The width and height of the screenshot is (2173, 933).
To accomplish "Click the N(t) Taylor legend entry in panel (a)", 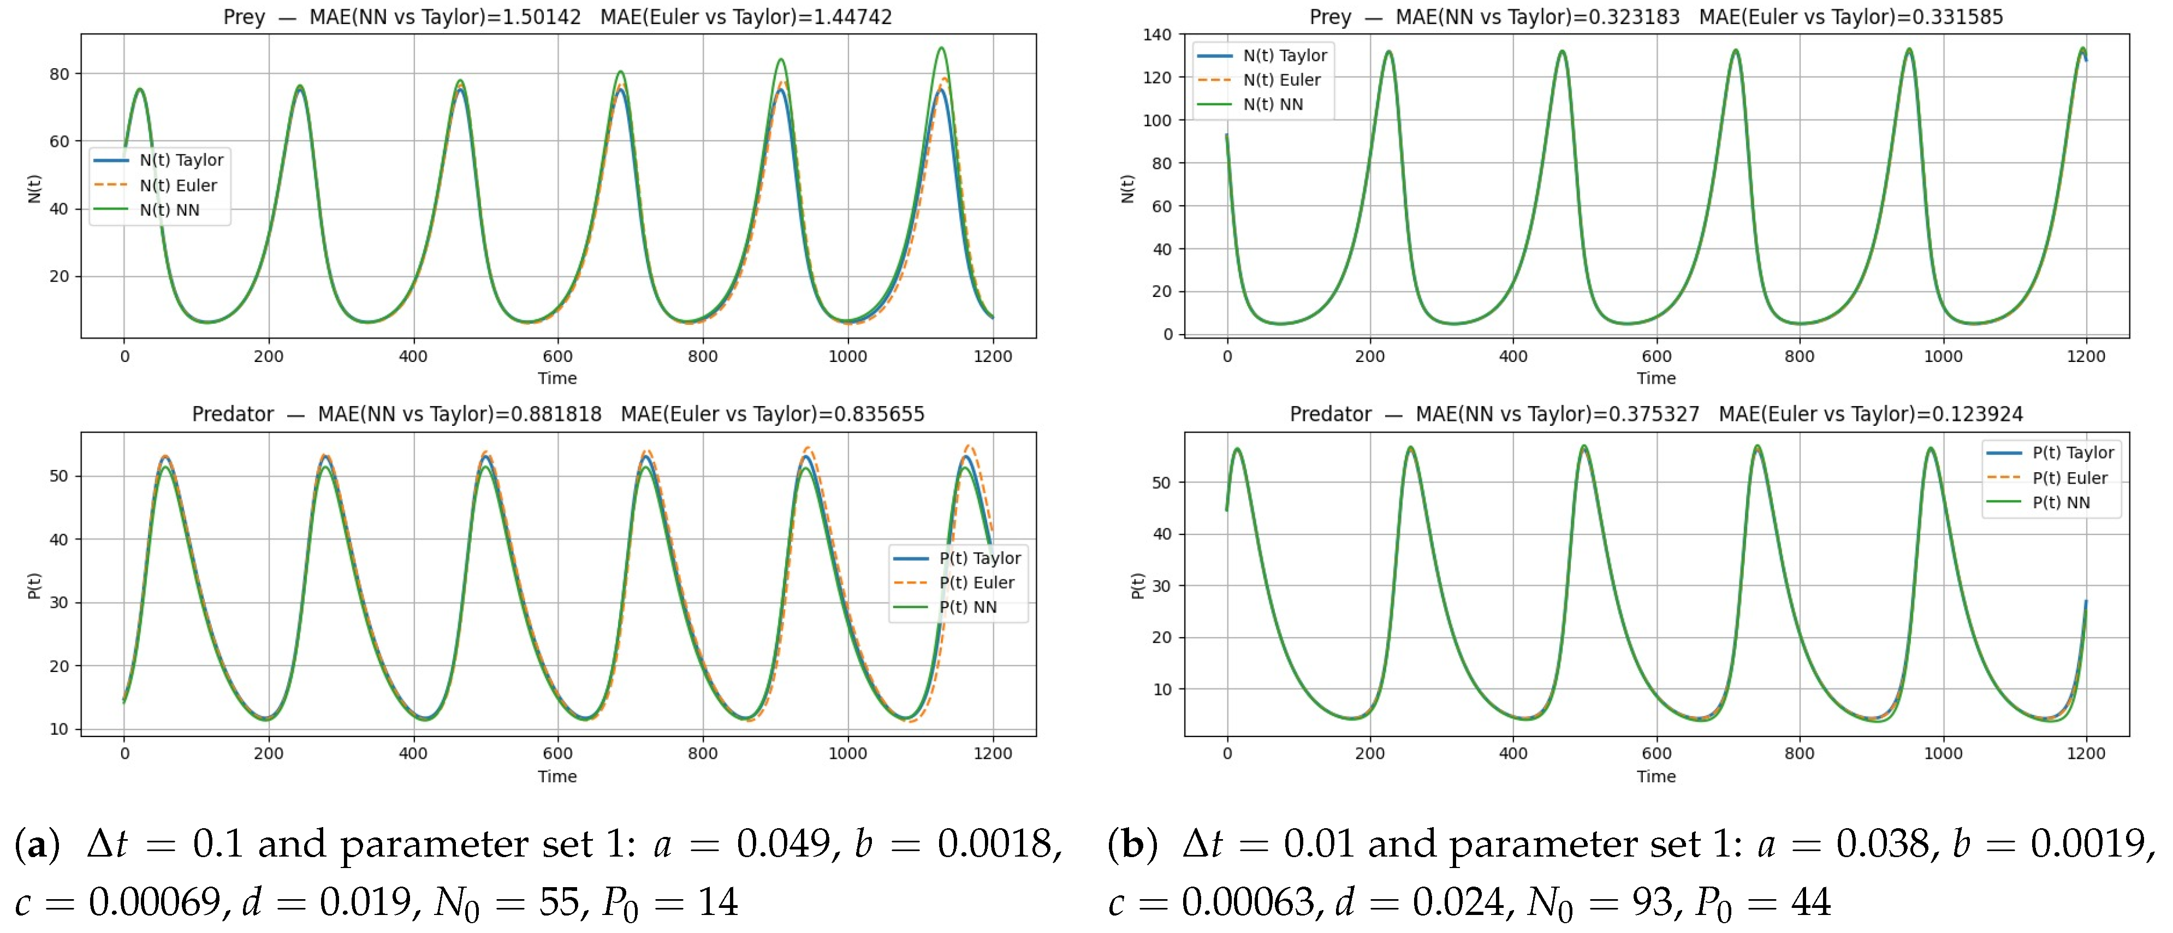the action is (158, 161).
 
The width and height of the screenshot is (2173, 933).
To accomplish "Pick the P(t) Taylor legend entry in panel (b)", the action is (2050, 453).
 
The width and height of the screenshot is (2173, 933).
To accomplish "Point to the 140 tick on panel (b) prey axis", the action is (1156, 34).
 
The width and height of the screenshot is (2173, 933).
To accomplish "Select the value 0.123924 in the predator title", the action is (1983, 414).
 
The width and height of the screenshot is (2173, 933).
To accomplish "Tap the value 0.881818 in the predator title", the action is (562, 414).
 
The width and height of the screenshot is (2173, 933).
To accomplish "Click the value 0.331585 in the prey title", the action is (1963, 17).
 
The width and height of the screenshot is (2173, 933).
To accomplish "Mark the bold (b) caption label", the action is (1132, 843).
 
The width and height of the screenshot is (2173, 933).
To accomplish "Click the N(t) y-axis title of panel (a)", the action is (34, 189).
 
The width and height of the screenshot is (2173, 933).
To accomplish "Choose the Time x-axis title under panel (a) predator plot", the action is (557, 776).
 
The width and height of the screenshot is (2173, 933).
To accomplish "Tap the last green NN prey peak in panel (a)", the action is (941, 48).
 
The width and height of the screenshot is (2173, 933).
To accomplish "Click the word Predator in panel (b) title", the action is (1331, 414).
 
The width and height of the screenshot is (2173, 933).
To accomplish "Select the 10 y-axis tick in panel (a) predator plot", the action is (59, 729).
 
